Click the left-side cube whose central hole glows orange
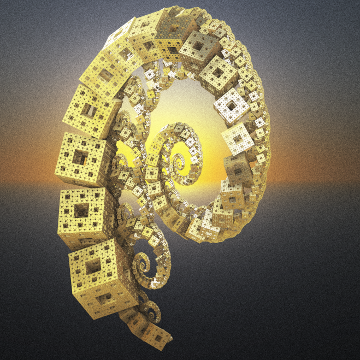tap(80, 157)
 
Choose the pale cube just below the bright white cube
tap(238, 135)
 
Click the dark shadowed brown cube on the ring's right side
tap(235, 169)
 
